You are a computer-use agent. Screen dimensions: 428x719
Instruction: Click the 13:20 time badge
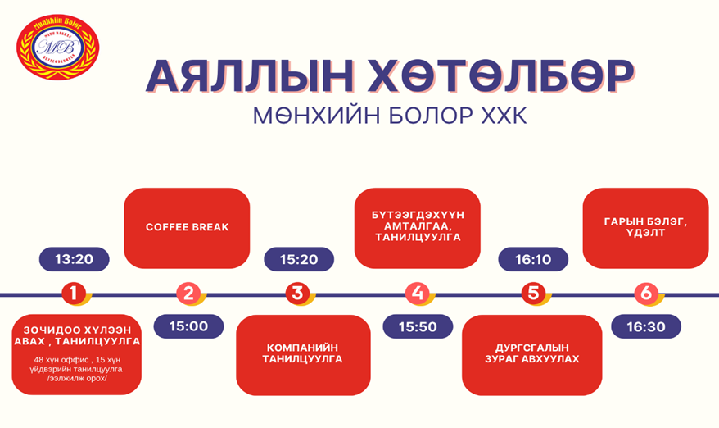[75, 259]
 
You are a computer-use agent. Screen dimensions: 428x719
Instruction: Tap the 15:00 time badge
[188, 326]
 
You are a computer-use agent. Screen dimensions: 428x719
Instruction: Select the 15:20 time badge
[299, 259]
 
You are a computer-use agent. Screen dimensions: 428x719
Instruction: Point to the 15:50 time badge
[418, 326]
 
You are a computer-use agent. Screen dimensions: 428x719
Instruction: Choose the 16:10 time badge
[533, 259]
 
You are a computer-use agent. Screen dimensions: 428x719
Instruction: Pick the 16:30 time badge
[646, 326]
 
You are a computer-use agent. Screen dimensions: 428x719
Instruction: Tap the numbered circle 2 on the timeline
[189, 293]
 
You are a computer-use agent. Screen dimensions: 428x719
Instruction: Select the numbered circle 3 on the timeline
[297, 293]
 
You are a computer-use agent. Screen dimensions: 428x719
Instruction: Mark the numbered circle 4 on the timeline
[418, 293]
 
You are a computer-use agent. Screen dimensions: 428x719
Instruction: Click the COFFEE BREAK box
[187, 227]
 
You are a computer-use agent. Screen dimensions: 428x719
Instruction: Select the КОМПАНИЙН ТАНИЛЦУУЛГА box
[303, 354]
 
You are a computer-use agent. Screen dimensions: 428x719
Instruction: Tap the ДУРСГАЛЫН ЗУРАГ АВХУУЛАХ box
[531, 354]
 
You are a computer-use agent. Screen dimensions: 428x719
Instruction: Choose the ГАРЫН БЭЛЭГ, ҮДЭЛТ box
[645, 227]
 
